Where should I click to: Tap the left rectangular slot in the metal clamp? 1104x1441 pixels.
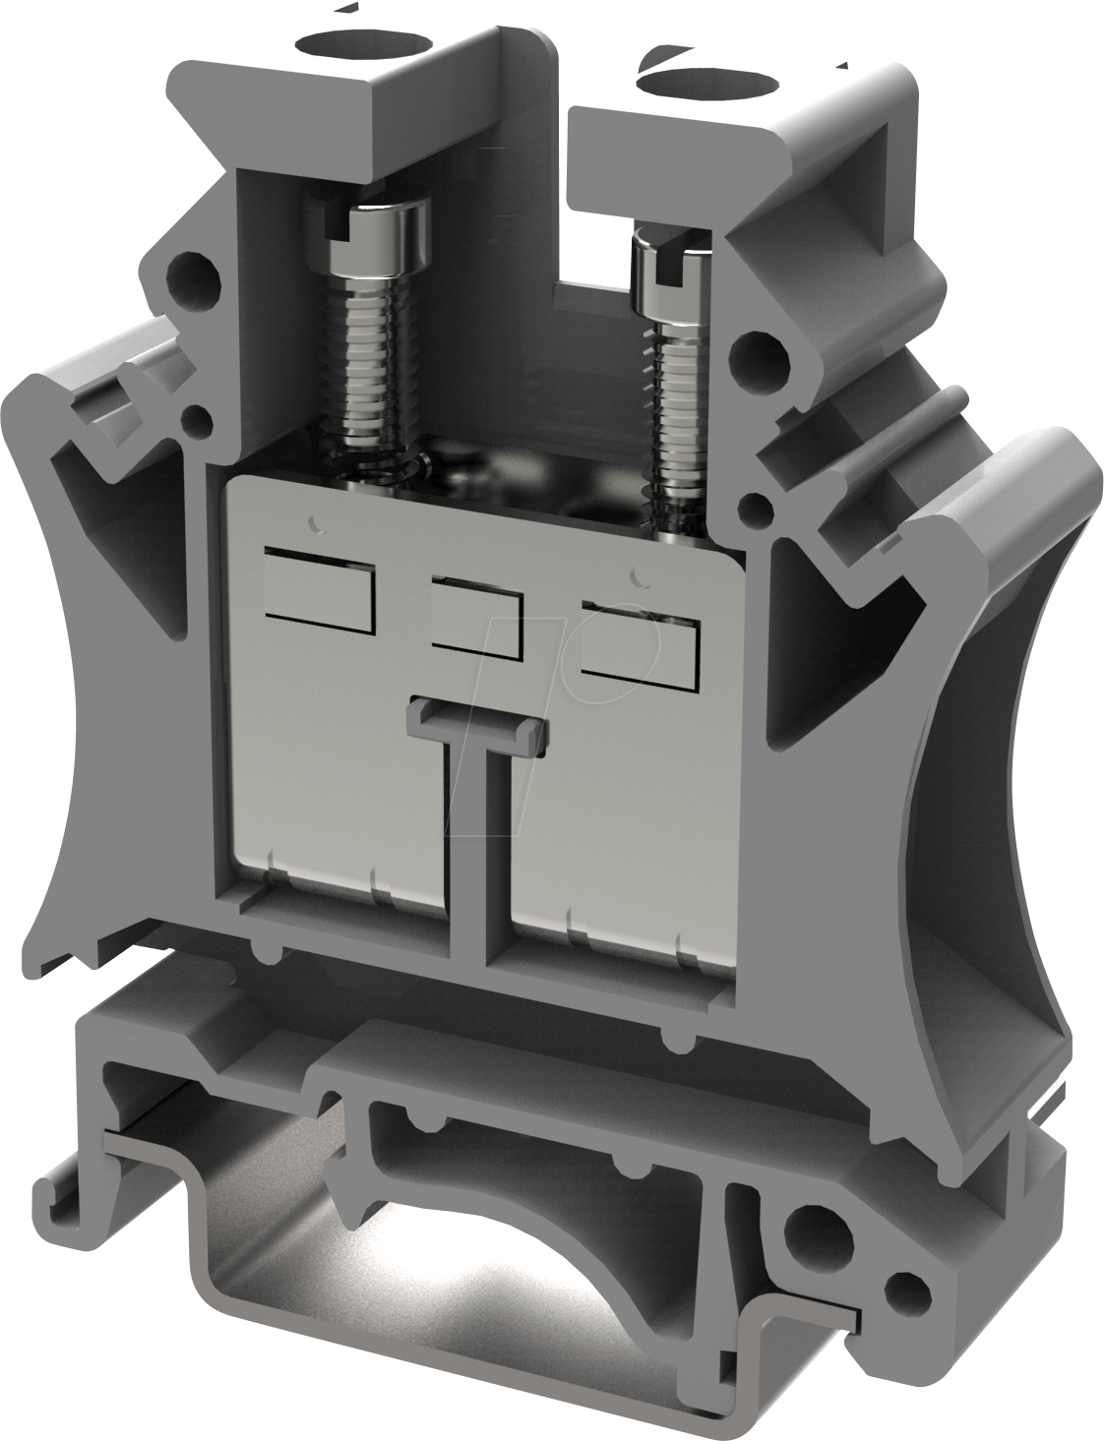[320, 591]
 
